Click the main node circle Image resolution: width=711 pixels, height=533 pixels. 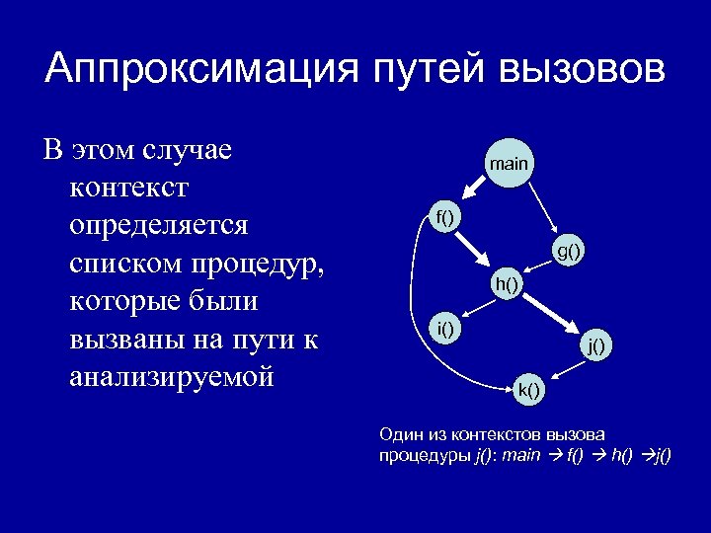[509, 163]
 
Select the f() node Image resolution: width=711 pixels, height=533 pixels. [446, 217]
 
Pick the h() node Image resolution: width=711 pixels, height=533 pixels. [508, 285]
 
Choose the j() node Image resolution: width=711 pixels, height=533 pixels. [596, 344]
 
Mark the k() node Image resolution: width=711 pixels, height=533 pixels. [529, 388]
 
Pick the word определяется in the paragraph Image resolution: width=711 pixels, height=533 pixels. [160, 225]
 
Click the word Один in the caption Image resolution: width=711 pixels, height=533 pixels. [402, 433]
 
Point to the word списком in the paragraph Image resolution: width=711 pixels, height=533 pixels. [127, 264]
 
